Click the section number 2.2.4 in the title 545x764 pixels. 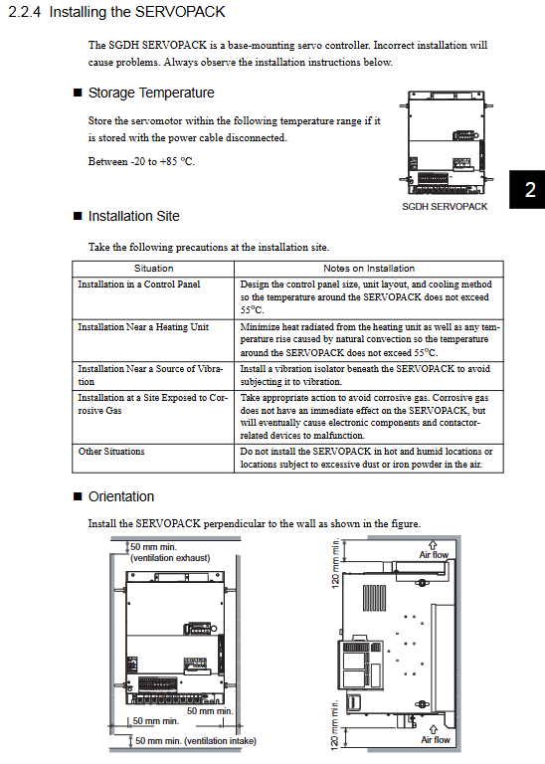click(x=25, y=12)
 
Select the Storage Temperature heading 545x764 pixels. click(x=151, y=93)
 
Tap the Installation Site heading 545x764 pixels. click(x=134, y=216)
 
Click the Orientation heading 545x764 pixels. click(x=121, y=496)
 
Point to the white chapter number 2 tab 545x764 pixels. click(x=530, y=190)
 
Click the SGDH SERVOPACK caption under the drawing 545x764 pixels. click(x=445, y=207)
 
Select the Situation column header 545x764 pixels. click(x=153, y=269)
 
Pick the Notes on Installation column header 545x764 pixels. click(x=369, y=269)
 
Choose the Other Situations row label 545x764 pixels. click(x=111, y=452)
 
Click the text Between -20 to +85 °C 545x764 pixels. click(x=141, y=161)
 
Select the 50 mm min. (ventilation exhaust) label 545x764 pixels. click(x=170, y=552)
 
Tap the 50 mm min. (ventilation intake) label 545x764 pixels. click(x=195, y=740)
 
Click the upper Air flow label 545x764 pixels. click(x=434, y=554)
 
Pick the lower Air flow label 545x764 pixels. click(x=436, y=740)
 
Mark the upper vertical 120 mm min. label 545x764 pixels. click(x=335, y=563)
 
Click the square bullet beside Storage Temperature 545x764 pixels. click(x=78, y=93)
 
